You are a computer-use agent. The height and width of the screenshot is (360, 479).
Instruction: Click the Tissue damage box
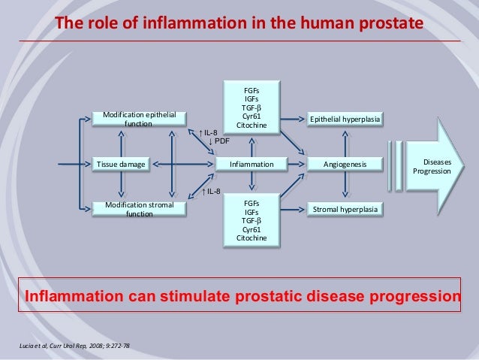coord(120,163)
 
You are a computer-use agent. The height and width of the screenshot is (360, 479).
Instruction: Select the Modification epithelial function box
coord(139,119)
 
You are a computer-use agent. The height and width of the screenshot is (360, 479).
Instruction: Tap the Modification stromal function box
coord(139,208)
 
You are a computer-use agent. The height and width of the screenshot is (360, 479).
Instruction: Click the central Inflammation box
coord(251,163)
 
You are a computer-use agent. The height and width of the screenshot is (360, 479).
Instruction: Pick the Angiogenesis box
coord(345,163)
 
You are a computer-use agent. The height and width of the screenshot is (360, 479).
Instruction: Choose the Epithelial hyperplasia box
coord(345,119)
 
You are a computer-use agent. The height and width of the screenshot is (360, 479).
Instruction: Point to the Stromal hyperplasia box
coord(345,207)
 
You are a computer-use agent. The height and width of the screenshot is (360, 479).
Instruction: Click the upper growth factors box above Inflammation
coord(251,107)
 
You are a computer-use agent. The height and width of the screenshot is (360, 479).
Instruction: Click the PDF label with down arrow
coord(219,141)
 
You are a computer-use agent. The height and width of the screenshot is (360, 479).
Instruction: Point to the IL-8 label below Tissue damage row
coord(211,192)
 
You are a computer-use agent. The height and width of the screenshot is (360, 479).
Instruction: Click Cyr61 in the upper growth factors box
coord(252,116)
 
